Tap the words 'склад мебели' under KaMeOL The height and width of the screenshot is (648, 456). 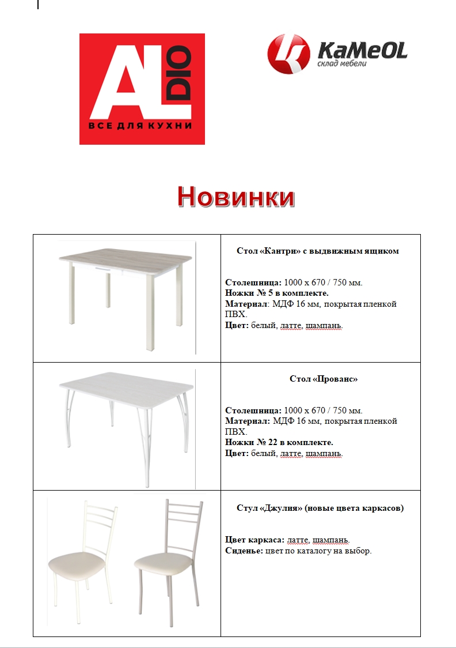point(341,63)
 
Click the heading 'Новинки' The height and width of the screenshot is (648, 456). point(235,197)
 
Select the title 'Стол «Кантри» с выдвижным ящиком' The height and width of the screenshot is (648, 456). point(318,251)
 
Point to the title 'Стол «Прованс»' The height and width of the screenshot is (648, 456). point(323,379)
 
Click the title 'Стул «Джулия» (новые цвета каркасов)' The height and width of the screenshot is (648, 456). point(320,508)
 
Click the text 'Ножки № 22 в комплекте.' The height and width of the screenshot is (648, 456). point(279,442)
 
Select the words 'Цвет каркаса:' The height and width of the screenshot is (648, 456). point(254,540)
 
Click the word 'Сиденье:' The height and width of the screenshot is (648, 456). point(244,551)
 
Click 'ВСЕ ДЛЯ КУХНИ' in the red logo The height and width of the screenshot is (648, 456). point(139,126)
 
